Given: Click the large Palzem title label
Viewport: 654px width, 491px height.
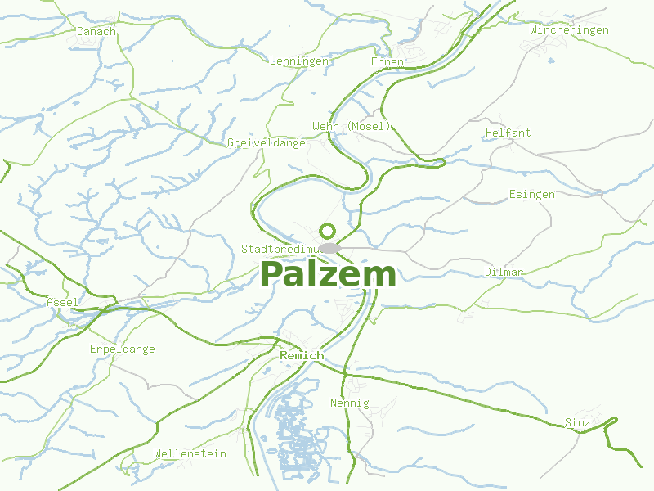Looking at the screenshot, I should (328, 275).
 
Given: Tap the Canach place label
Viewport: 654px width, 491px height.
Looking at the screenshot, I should (96, 31).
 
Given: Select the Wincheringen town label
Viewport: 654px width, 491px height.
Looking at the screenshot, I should (569, 29).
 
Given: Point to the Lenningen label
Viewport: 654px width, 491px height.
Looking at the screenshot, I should (298, 61).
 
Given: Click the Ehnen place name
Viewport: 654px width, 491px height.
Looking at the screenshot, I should (387, 61).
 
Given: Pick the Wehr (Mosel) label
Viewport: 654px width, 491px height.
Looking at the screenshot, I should (352, 126).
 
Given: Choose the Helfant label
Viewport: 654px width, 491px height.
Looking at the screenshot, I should (508, 133).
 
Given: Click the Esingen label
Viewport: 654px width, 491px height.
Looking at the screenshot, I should (531, 194).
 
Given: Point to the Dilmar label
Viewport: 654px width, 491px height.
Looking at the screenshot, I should (504, 272).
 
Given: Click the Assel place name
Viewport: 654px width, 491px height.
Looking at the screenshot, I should (62, 302).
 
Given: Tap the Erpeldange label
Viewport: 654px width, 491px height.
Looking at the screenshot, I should (122, 349).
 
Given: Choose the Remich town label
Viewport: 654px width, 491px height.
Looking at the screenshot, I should (302, 356).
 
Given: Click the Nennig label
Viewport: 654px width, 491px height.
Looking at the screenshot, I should (349, 403).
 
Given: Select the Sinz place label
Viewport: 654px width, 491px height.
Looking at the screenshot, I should (577, 422).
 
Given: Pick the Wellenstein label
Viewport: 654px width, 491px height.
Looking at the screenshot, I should (190, 453).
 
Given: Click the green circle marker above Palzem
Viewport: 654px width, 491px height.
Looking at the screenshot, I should (328, 231).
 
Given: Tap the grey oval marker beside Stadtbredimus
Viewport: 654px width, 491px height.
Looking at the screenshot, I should (329, 248).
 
